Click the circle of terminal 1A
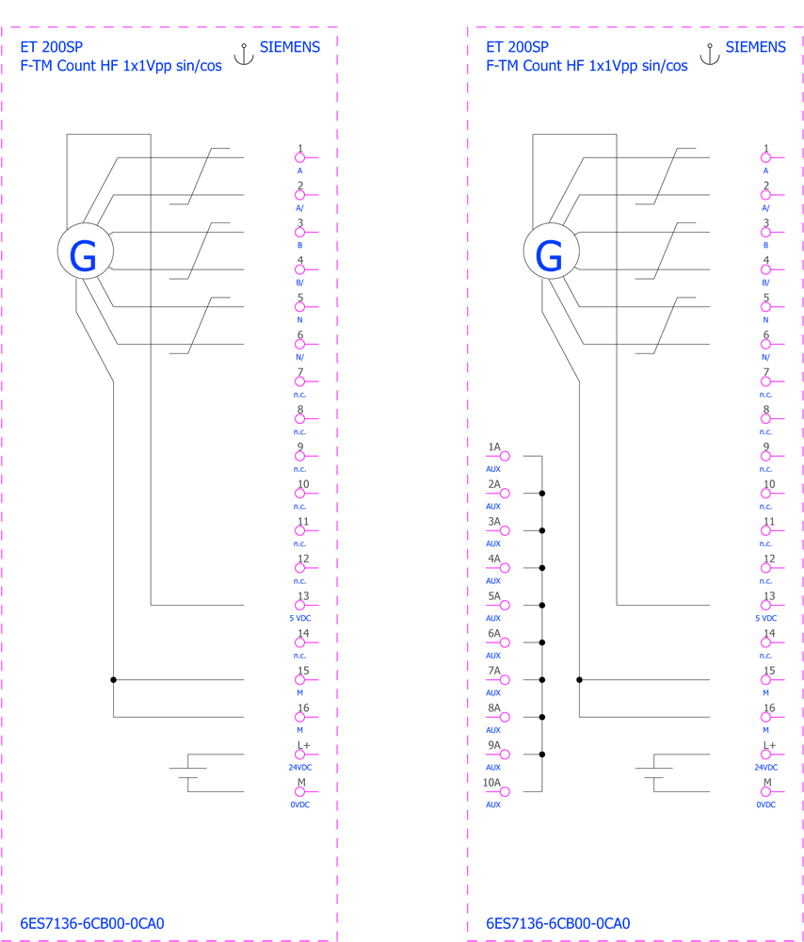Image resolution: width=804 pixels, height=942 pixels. click(505, 456)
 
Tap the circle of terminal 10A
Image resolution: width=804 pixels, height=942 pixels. click(505, 792)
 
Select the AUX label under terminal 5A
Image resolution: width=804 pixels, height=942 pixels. click(493, 618)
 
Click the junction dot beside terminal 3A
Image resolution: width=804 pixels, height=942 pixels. click(542, 530)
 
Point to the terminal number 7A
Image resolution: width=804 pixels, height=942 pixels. click(494, 671)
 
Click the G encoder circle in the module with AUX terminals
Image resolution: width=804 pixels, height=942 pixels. click(551, 252)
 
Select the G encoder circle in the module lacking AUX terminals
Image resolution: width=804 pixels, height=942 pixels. click(86, 252)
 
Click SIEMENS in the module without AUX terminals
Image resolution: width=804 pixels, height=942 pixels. click(290, 47)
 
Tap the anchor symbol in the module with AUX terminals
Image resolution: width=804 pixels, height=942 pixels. click(710, 54)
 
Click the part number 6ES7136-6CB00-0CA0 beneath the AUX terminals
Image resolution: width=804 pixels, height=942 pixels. click(558, 923)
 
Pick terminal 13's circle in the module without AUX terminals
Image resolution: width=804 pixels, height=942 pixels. click(299, 605)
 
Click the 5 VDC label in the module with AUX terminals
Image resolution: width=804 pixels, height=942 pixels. click(766, 618)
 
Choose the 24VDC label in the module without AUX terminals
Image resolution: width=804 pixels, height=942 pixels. click(300, 767)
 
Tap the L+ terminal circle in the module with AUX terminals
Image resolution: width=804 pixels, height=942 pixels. click(765, 755)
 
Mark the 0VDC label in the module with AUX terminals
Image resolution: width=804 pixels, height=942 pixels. click(766, 804)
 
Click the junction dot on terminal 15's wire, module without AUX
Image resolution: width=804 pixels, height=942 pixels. click(114, 679)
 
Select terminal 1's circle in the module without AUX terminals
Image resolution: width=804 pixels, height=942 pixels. click(299, 157)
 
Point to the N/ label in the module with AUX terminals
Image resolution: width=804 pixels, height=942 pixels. click(765, 357)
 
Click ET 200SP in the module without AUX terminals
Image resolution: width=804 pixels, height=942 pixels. click(52, 47)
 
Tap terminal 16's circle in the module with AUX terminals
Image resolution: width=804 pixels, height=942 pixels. click(765, 717)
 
